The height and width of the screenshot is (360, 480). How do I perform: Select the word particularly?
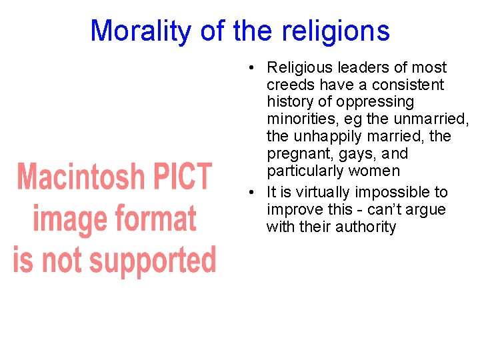coord(304,171)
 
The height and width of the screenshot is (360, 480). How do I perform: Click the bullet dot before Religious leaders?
coord(247,68)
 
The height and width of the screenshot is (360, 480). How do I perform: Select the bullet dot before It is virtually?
coord(247,193)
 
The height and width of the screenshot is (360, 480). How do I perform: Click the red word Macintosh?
coord(81,177)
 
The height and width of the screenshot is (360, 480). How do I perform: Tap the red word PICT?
coord(182,177)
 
